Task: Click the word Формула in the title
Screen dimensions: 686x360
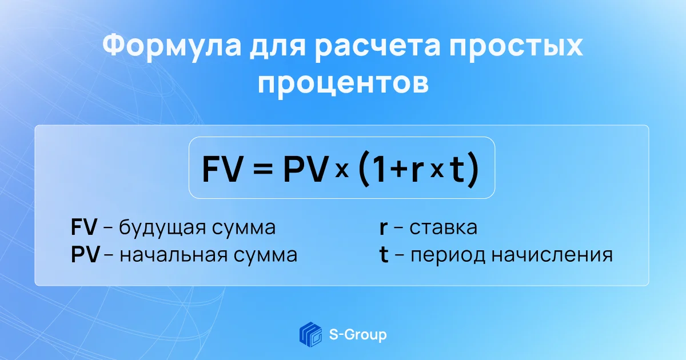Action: click(x=172, y=46)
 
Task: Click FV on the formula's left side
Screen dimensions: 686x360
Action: click(x=222, y=169)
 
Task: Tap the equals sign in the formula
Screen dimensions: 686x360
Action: click(x=263, y=169)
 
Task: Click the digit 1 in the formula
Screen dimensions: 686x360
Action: click(x=378, y=169)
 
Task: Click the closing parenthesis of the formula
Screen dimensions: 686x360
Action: click(x=473, y=169)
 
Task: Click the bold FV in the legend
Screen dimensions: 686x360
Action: click(x=84, y=227)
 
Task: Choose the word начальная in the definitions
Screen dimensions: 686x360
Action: click(x=174, y=255)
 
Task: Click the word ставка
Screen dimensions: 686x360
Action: click(x=444, y=228)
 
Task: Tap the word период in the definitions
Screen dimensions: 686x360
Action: click(x=448, y=255)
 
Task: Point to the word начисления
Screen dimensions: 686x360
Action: click(x=552, y=255)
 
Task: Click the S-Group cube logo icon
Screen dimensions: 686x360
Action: click(x=310, y=334)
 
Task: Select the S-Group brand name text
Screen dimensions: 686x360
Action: click(x=358, y=335)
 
